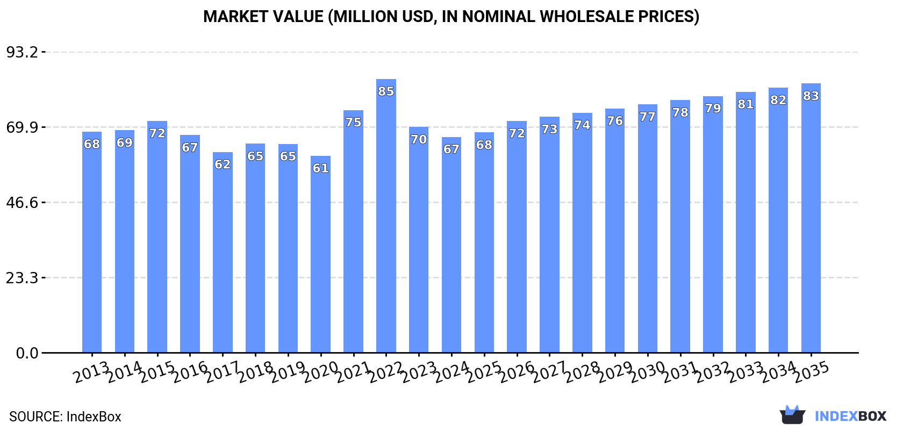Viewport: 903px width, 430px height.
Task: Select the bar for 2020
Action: pos(320,258)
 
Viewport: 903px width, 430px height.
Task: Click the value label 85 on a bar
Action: pos(386,91)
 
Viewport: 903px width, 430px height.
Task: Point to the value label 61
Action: pos(320,168)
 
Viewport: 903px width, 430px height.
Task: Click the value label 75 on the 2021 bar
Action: pos(353,123)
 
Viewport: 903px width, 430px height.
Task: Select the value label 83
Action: pos(811,96)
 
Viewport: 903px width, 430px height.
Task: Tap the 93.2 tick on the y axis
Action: pos(22,52)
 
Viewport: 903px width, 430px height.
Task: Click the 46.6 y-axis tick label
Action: pos(22,203)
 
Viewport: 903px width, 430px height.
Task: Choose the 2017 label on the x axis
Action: pos(222,372)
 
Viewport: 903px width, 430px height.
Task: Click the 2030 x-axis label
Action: pos(647,372)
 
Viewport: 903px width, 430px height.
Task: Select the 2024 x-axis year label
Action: pos(451,372)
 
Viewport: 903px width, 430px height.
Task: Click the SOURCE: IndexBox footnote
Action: pos(65,417)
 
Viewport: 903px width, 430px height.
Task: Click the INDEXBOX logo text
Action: pos(850,416)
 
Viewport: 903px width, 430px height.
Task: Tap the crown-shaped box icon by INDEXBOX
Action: pos(792,415)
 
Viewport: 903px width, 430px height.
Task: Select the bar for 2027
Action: pos(549,236)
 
